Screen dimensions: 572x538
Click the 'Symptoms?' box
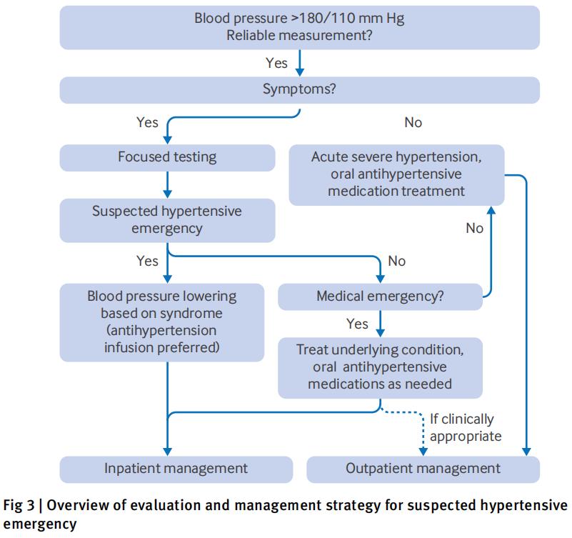299,90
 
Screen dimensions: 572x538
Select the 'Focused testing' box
167,158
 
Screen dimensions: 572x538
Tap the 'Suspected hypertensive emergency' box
167,220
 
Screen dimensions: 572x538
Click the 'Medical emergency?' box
380,297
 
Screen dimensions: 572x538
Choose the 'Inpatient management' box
176,469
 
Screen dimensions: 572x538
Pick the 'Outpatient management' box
423,469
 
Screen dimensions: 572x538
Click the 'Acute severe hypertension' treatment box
396,175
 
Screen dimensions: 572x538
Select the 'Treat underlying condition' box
380,367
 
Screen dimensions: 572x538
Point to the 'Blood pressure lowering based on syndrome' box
162,322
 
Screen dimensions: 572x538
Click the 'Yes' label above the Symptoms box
276,63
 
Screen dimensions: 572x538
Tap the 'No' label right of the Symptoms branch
413,122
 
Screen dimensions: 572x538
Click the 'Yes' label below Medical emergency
357,324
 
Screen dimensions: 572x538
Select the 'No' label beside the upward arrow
475,228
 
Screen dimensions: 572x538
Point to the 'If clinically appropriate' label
466,427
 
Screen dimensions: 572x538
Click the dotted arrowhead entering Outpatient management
423,452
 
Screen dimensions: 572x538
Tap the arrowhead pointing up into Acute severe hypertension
491,210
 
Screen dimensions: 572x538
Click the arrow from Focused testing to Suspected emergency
167,184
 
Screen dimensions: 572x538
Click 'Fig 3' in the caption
19,506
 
